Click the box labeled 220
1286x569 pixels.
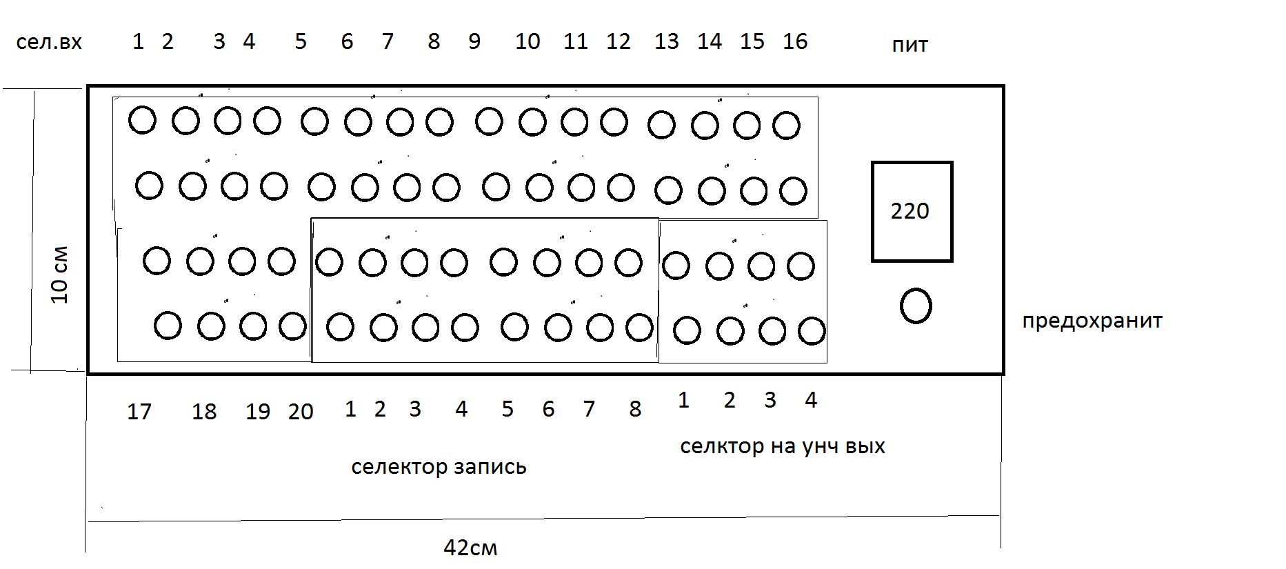(912, 212)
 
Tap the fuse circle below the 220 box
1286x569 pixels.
(916, 306)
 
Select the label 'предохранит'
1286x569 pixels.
(1092, 321)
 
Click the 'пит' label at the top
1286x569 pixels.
(910, 45)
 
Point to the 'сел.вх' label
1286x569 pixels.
(49, 42)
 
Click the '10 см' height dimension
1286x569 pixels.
(60, 274)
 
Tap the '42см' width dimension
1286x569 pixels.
(470, 548)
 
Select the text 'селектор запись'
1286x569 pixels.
(439, 467)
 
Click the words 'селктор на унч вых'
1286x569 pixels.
(782, 446)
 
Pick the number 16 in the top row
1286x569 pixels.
(794, 41)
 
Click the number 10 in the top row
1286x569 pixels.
(528, 41)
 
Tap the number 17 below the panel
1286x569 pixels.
(139, 412)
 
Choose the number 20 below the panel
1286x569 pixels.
(301, 412)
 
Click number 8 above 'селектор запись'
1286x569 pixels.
(635, 409)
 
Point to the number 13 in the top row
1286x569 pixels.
(666, 41)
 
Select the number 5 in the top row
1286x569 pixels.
(301, 41)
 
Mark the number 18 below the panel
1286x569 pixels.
(204, 412)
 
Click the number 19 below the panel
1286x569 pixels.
(258, 412)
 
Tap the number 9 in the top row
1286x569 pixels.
(474, 41)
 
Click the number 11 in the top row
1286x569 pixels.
(575, 41)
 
